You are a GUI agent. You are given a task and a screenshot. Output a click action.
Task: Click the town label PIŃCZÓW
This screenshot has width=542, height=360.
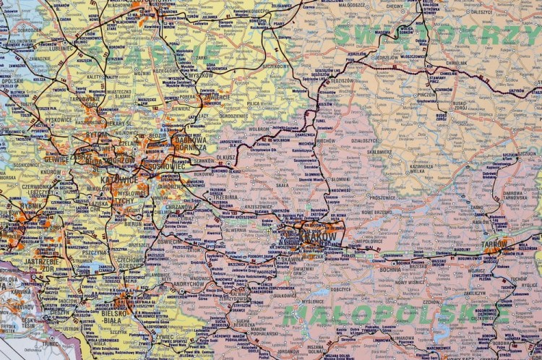[x=425, y=94]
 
